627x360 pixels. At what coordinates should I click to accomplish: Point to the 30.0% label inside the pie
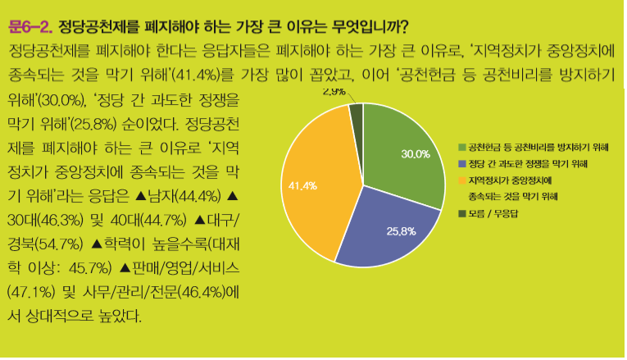tap(416, 154)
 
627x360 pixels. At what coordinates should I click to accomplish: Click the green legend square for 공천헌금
tap(462, 147)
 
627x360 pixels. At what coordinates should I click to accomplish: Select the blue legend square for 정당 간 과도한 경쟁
tap(462, 164)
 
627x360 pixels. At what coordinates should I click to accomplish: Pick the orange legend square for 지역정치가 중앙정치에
tap(462, 180)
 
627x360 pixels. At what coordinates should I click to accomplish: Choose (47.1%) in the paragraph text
tap(30, 290)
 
